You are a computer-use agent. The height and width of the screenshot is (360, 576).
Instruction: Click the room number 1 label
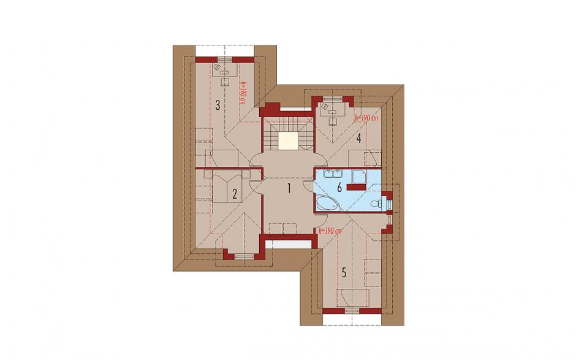(289, 189)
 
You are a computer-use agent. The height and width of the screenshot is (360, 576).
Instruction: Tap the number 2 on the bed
(234, 193)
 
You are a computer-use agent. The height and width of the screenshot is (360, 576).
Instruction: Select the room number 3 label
(218, 106)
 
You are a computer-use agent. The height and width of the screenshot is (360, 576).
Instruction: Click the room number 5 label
(344, 272)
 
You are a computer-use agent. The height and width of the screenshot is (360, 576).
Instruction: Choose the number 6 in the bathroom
(339, 188)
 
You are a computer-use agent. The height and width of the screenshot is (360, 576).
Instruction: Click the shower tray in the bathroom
(358, 176)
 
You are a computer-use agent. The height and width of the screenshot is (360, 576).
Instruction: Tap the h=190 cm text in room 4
(366, 118)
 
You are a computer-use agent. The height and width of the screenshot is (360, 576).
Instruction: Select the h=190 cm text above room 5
(330, 231)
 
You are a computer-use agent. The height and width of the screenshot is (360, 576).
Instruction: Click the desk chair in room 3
(224, 82)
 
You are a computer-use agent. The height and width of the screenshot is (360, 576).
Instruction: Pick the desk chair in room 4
(333, 121)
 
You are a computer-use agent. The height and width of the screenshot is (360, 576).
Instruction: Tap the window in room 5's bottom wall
(352, 311)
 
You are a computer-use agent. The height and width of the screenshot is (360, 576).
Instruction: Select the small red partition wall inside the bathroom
(355, 188)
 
